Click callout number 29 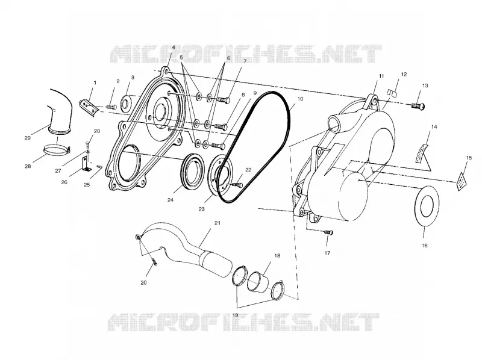coord(27,138)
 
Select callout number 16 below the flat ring coord(425,246)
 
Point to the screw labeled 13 coord(418,106)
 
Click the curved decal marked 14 coord(421,152)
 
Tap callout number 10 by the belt coord(300,99)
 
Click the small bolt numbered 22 coord(237,185)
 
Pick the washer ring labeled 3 coord(126,102)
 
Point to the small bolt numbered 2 coord(111,107)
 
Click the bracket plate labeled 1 coord(89,107)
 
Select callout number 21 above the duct coord(218,223)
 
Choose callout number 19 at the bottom coord(235,315)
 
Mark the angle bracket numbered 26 coord(85,164)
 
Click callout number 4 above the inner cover coord(174,48)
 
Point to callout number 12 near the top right coord(404,74)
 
